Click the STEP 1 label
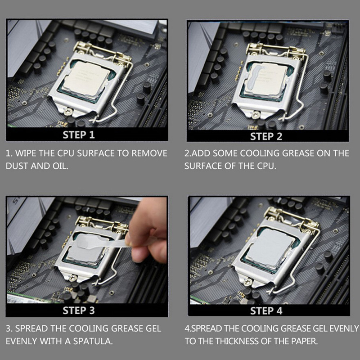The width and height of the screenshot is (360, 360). [79, 135]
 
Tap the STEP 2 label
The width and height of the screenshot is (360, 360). [266, 136]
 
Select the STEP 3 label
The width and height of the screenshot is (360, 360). [79, 310]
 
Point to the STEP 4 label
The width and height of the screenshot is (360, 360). [266, 311]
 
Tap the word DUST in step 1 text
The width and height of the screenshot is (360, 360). [17, 166]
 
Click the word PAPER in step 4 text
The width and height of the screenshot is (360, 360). [305, 341]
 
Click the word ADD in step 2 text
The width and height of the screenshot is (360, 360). [201, 153]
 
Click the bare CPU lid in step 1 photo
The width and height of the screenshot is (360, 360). [86, 78]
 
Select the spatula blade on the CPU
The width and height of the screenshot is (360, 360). [89, 241]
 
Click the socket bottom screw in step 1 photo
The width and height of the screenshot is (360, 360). [68, 112]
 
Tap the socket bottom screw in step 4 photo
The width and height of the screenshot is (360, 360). [247, 282]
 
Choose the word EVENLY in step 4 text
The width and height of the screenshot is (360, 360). [344, 328]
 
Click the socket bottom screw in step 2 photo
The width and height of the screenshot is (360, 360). [255, 114]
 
